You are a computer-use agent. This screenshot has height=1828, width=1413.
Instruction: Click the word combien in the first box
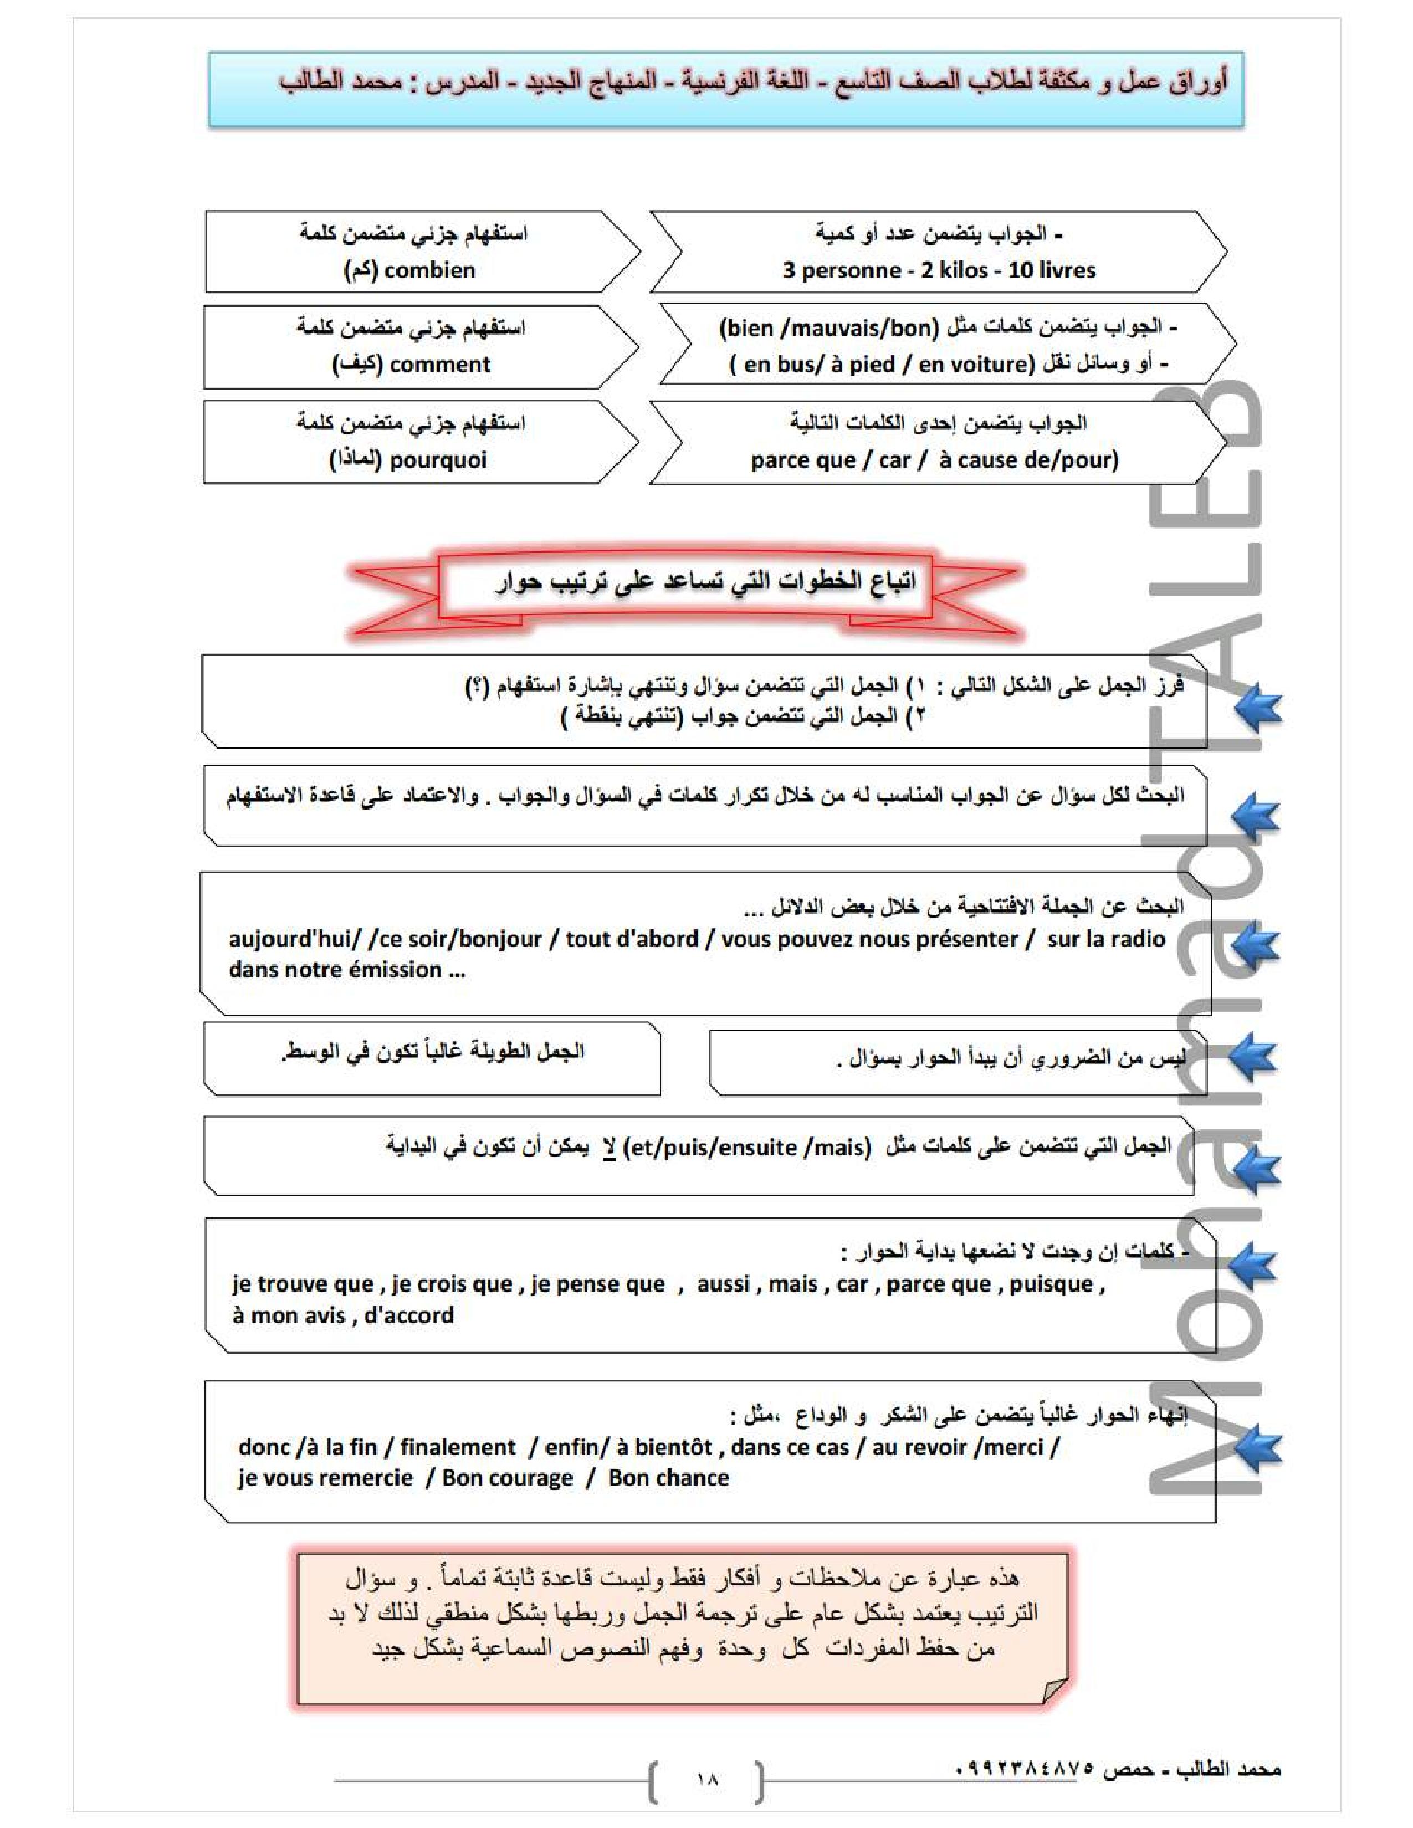point(429,270)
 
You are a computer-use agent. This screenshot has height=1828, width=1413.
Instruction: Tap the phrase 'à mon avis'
point(289,1316)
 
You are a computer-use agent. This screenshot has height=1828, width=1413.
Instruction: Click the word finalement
point(458,1448)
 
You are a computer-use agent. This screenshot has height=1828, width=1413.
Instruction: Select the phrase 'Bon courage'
point(507,1478)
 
